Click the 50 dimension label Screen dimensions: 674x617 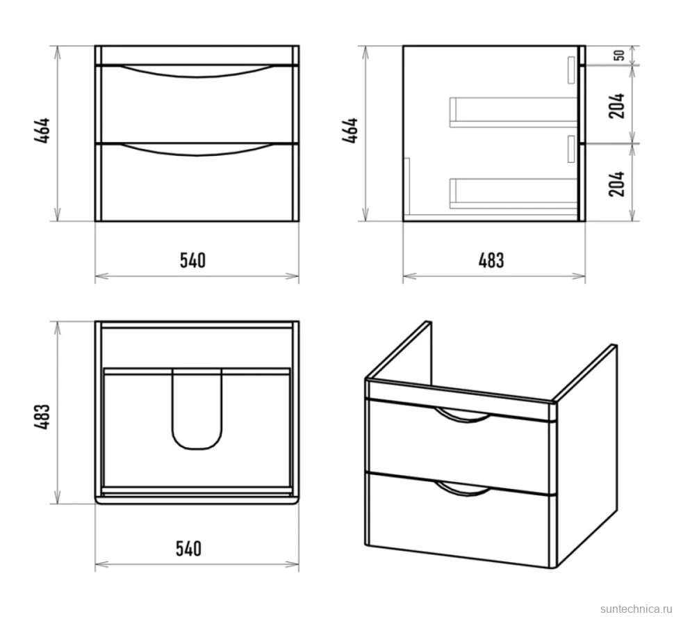point(619,56)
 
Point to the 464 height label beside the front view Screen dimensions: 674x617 point(42,130)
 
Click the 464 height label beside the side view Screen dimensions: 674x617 point(350,130)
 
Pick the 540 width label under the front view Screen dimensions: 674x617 point(192,260)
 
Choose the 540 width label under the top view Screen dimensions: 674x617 point(189,549)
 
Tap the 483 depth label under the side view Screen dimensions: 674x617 point(491,260)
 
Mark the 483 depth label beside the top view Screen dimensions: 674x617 point(42,417)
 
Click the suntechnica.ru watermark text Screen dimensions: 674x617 point(636,609)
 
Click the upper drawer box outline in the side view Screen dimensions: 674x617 point(513,125)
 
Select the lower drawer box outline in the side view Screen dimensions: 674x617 point(513,206)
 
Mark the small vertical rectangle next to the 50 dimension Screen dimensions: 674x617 point(571,70)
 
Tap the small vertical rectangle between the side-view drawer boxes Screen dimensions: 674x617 point(571,149)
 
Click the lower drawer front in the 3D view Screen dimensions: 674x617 point(459,520)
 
